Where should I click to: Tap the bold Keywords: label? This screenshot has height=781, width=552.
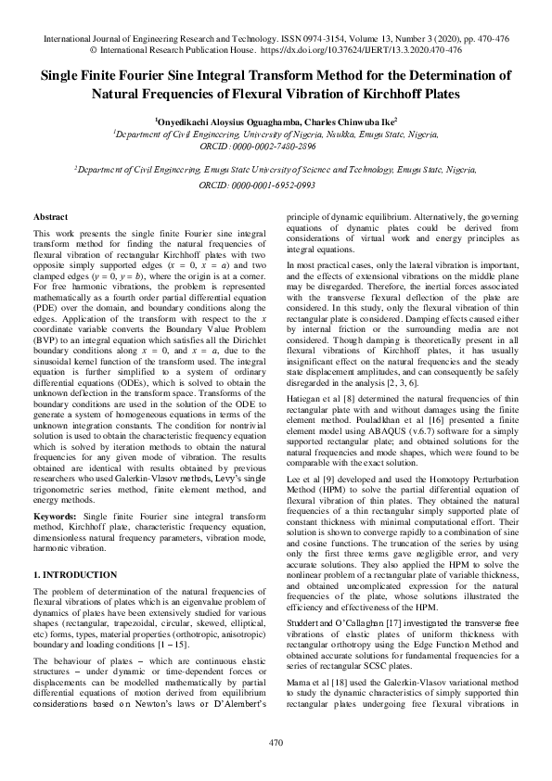55,487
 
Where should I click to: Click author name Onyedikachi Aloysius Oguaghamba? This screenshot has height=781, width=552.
218,121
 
